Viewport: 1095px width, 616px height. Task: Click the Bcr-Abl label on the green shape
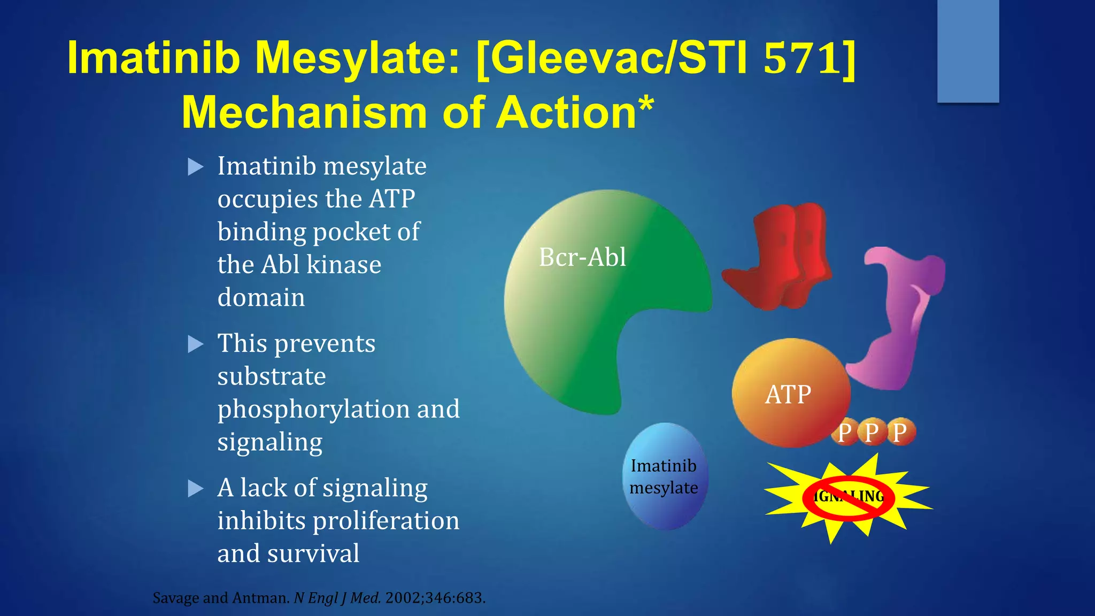(582, 257)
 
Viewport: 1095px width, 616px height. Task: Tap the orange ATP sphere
(789, 393)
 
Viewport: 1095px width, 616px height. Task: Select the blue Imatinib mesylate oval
(664, 476)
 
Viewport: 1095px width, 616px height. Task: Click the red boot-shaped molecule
(778, 257)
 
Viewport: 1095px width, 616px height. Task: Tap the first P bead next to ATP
(844, 432)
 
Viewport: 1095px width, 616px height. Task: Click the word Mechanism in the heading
(305, 113)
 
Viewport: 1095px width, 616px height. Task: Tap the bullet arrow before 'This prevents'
(196, 344)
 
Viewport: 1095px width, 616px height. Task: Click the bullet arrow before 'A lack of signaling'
(196, 488)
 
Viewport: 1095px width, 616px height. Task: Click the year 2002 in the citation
(403, 598)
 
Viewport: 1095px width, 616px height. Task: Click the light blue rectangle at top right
(968, 51)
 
